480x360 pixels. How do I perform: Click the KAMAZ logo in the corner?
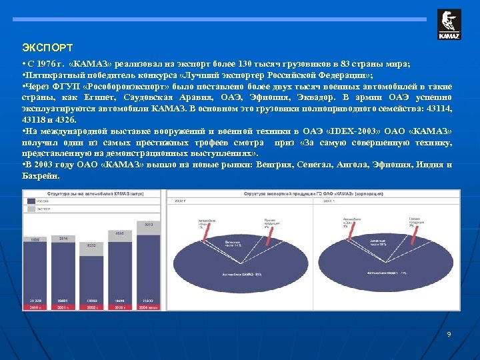[x=449, y=25]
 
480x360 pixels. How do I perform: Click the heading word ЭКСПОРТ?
[x=47, y=48]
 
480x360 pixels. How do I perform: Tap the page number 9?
[x=449, y=333]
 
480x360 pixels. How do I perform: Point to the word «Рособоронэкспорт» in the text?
[x=126, y=87]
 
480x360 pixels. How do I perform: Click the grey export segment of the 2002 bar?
[x=92, y=253]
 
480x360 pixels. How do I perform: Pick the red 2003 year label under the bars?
[x=121, y=307]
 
